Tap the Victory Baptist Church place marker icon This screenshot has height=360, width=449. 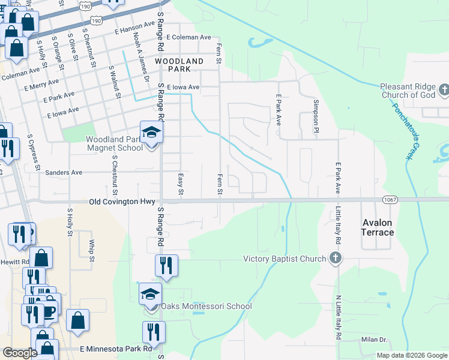336,259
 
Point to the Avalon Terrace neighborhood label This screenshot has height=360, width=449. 378,227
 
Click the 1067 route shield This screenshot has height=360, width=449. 388,199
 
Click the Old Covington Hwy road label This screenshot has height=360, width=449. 122,202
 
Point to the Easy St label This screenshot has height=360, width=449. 181,184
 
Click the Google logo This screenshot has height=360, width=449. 20,353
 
